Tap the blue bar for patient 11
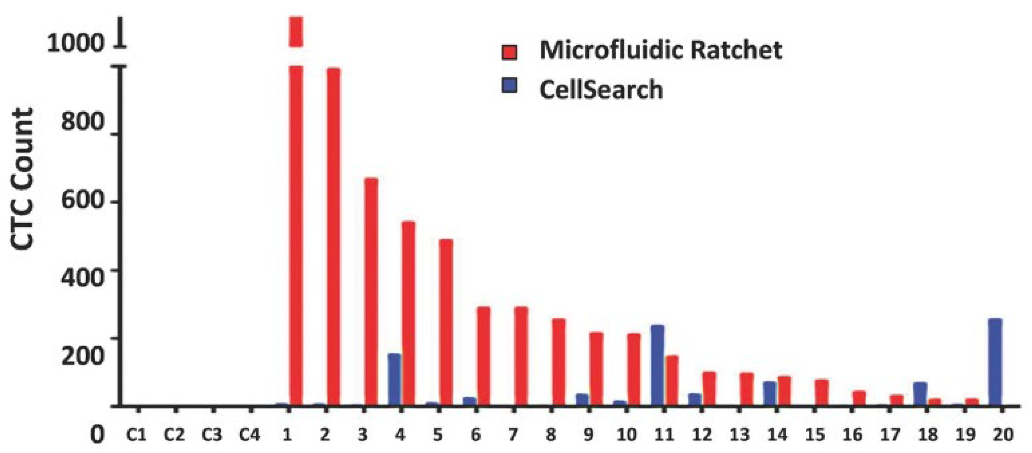pyautogui.click(x=658, y=365)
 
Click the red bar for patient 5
pyautogui.click(x=446, y=323)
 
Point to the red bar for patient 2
pyautogui.click(x=333, y=237)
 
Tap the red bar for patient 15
pyautogui.click(x=822, y=393)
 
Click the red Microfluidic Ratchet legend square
pyautogui.click(x=509, y=52)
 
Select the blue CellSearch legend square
pyautogui.click(x=509, y=85)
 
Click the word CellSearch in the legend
pyautogui.click(x=601, y=89)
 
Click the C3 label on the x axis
pyautogui.click(x=212, y=434)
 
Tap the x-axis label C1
pyautogui.click(x=137, y=434)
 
